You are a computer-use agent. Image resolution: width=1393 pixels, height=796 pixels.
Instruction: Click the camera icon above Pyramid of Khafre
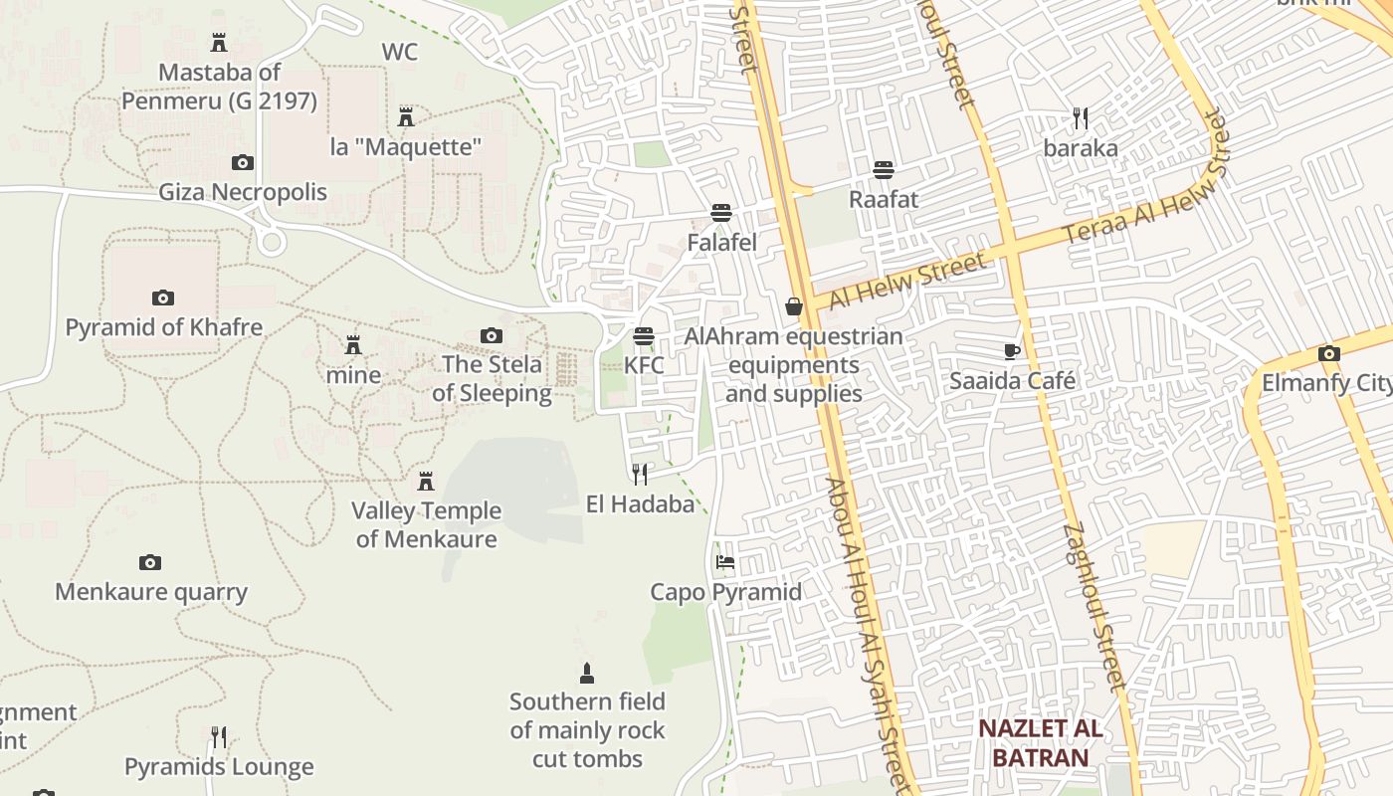[163, 298]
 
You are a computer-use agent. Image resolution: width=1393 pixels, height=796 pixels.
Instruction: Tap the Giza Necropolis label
[243, 191]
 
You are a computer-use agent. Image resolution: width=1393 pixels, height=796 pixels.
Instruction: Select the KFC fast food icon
[644, 336]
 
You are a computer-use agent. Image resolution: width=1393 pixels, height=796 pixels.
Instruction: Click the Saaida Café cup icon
[1012, 351]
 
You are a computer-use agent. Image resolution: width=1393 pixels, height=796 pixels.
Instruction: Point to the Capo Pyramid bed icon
[725, 563]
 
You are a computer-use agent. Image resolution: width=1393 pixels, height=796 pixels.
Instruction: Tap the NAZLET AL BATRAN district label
[1040, 742]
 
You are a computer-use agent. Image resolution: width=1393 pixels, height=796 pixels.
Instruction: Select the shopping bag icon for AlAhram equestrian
[794, 306]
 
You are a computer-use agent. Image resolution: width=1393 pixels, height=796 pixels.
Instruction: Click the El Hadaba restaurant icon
[640, 474]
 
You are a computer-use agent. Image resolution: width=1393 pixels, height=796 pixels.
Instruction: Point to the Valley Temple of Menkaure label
[426, 524]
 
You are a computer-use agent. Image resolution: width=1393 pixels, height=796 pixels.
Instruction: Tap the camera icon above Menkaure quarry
[150, 563]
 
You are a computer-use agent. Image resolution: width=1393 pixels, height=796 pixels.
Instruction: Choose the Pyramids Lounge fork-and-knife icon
[219, 737]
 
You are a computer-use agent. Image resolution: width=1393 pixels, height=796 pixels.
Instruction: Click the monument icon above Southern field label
[587, 674]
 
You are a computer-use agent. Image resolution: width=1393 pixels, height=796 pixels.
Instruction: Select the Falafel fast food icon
[721, 213]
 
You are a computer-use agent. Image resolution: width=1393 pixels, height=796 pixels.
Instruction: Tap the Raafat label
[884, 199]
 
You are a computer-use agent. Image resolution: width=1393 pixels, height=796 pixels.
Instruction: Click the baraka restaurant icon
[1081, 119]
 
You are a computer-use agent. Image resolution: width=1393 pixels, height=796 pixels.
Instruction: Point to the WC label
[400, 52]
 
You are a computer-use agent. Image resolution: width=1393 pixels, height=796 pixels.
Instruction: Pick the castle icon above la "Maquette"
[406, 117]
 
